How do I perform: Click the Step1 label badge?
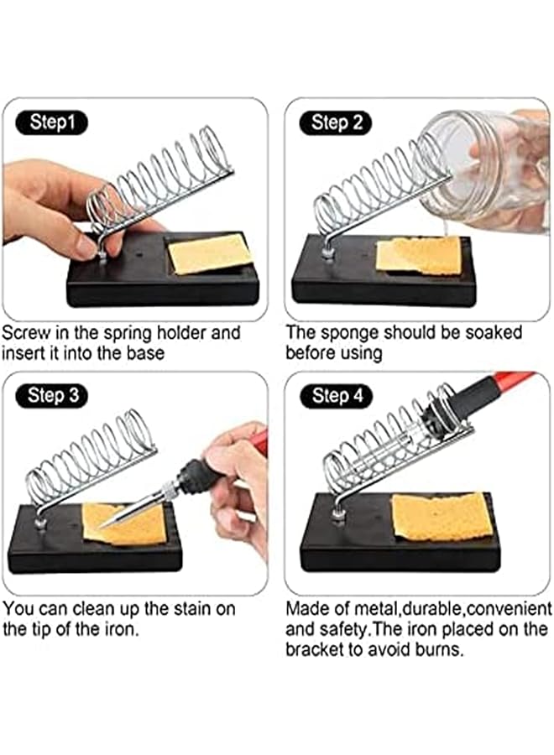coord(52,122)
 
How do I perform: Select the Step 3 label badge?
coord(52,395)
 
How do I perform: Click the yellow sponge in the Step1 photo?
coord(210,253)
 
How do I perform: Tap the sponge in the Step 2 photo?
coord(417,254)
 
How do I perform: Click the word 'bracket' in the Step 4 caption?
coord(316,650)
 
